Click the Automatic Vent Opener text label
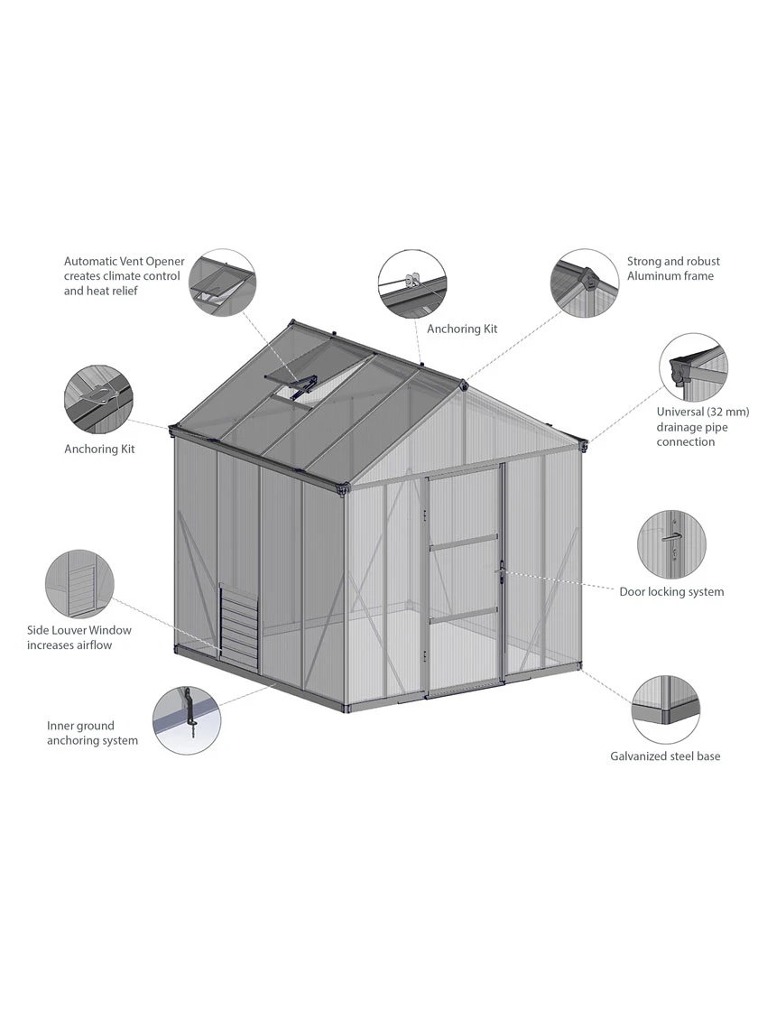coord(124,276)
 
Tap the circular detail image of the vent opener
coord(222,282)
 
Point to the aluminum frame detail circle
coord(585,282)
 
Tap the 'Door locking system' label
coord(671,592)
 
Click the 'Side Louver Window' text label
coord(79,630)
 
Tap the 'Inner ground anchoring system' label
coord(92,733)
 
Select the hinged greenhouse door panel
coord(463,587)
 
